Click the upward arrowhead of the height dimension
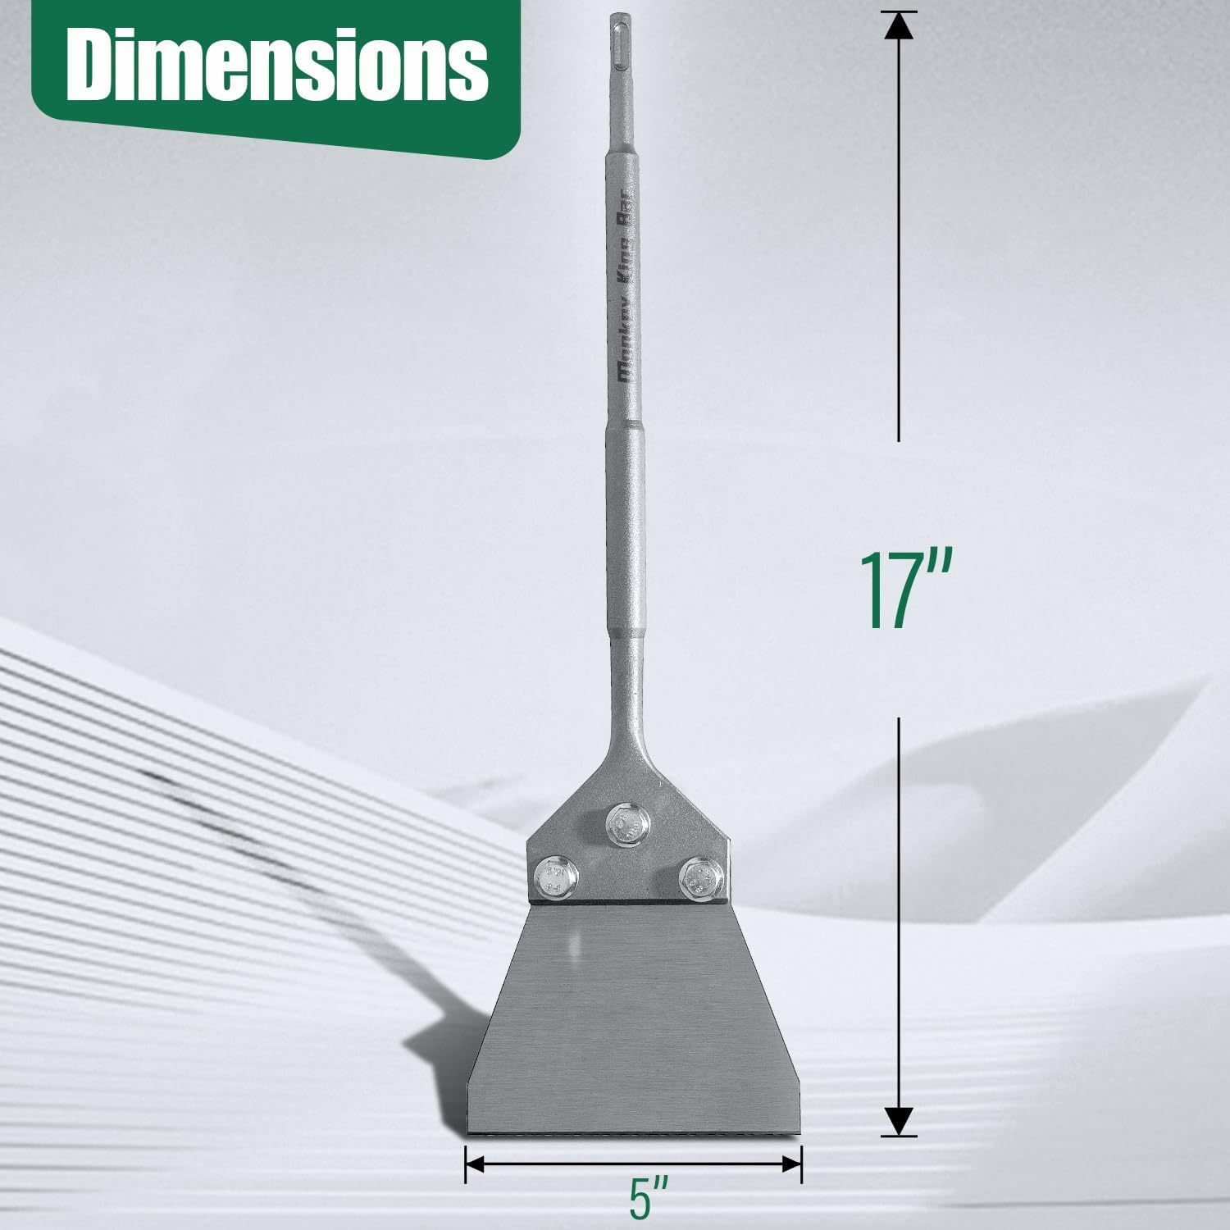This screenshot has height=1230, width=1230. coord(900,26)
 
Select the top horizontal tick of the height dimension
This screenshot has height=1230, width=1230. coord(900,11)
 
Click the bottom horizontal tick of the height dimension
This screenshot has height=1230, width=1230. coord(900,1136)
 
